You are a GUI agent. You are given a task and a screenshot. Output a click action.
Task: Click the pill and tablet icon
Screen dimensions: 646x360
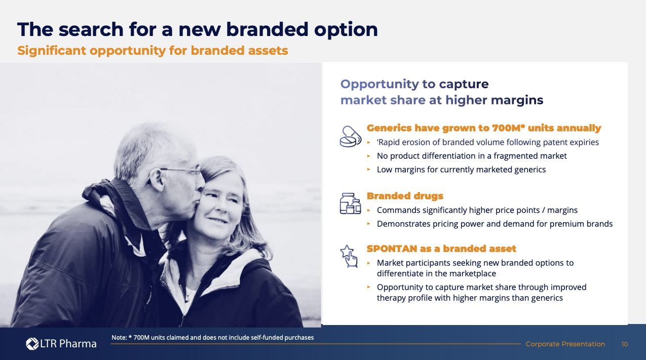[351, 136]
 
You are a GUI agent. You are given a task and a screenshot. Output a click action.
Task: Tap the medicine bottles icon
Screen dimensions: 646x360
[351, 203]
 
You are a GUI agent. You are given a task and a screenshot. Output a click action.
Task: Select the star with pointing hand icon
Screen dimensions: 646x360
[349, 256]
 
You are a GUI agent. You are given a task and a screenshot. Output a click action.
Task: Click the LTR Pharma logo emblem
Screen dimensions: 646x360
[32, 344]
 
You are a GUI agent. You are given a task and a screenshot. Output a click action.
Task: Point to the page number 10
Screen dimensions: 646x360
[625, 344]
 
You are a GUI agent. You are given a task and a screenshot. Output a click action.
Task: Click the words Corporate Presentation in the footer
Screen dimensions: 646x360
[565, 344]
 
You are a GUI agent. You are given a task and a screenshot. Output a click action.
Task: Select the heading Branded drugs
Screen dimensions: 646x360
[405, 196]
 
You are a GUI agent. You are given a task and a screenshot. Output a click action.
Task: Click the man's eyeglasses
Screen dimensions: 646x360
[182, 172]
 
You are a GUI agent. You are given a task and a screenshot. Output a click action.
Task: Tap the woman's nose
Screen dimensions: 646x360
[221, 205]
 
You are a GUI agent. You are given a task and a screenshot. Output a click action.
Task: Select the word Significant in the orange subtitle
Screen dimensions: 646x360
[52, 51]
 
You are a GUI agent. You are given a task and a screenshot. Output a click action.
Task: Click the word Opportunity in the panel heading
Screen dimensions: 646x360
[379, 84]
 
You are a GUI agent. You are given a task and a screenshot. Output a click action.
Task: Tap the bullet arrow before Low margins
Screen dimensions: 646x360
[368, 169]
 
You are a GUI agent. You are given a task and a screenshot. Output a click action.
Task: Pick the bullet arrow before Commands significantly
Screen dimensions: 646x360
[368, 210]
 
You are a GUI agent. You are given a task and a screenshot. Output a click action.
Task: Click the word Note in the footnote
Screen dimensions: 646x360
[119, 338]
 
